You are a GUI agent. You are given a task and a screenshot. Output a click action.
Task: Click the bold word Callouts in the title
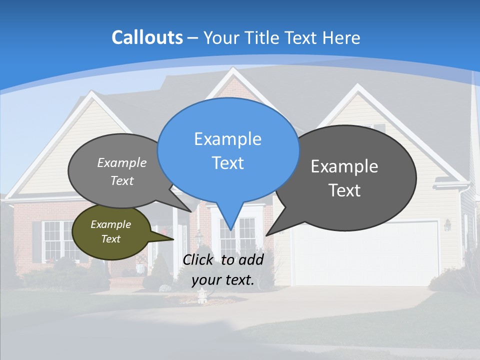[x=147, y=37]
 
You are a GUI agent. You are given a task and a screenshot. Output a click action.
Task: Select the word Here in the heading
[x=341, y=37]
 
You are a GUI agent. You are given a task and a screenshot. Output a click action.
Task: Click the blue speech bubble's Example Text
[x=227, y=150]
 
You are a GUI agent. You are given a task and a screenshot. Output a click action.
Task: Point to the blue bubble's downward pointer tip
[x=230, y=229]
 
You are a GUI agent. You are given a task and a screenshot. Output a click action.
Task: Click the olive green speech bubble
[x=111, y=231]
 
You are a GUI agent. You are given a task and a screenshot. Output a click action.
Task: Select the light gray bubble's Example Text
[x=122, y=171]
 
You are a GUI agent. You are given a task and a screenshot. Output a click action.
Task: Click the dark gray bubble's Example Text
[x=344, y=178]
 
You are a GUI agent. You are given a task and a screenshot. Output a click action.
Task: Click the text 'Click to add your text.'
[x=222, y=269]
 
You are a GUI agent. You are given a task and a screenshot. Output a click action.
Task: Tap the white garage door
[x=365, y=252]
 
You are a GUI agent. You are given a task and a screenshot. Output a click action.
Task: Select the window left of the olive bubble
[x=57, y=240]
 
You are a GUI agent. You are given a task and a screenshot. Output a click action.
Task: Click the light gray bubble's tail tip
[x=190, y=211]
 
